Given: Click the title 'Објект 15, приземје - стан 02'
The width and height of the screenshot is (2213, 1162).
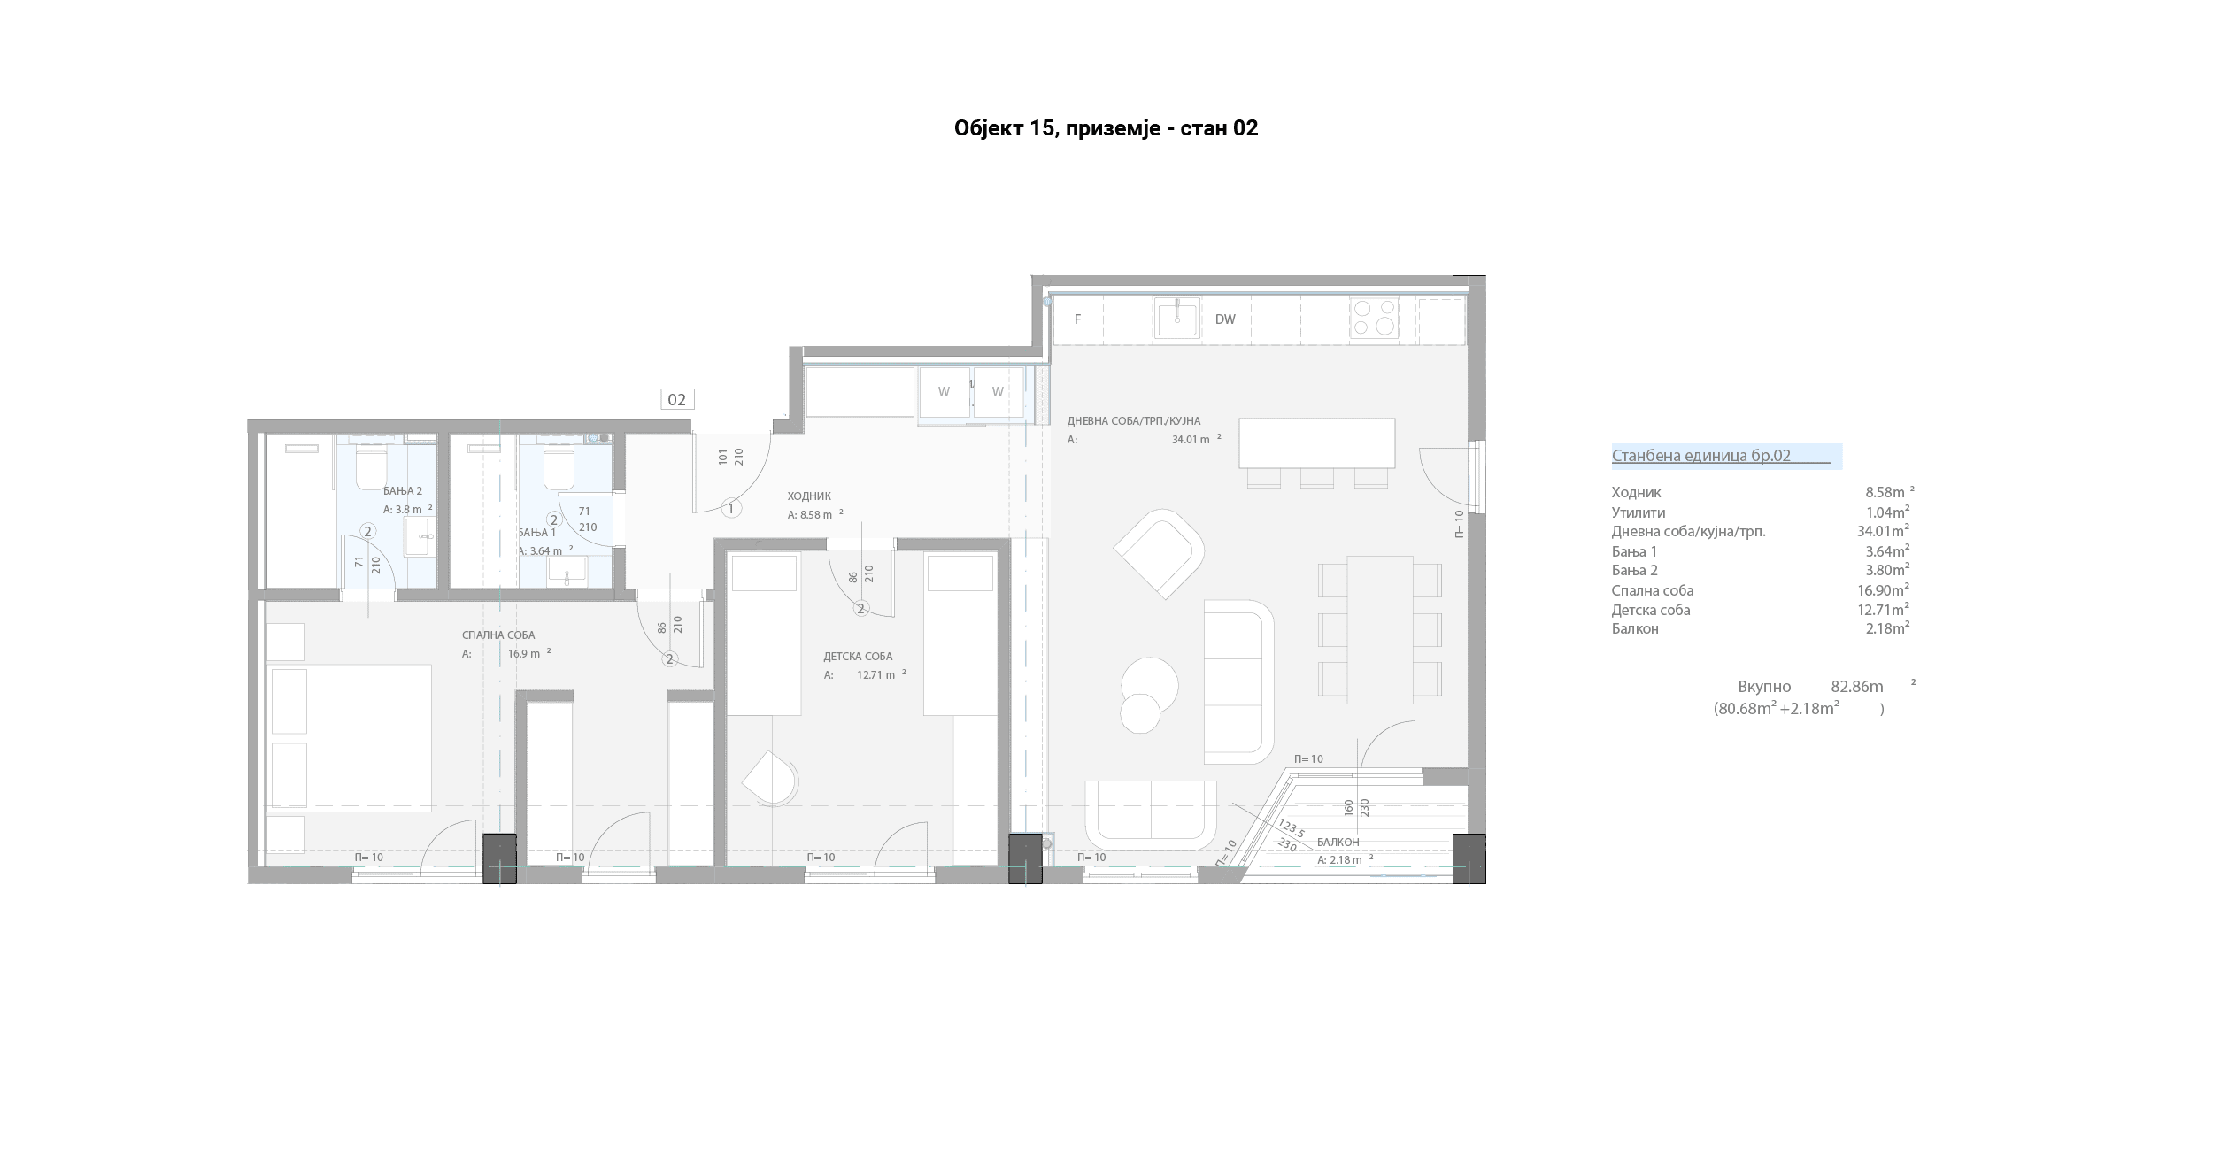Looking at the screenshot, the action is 1106,128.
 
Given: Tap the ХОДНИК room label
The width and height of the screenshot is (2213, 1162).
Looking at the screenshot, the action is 809,496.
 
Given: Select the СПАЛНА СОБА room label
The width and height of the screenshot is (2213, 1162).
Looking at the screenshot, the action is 498,635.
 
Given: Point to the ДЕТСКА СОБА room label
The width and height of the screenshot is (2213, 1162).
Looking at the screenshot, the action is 858,657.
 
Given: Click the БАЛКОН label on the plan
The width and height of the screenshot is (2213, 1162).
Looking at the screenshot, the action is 1338,843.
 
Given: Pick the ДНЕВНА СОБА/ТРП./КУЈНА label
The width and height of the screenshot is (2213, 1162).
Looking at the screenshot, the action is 1134,421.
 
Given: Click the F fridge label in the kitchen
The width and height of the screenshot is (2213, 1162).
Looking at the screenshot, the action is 1077,319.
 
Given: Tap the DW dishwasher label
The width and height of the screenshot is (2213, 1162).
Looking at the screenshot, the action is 1225,319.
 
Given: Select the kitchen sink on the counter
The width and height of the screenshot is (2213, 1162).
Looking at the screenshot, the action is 1177,319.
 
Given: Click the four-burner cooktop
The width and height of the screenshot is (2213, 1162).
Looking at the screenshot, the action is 1375,319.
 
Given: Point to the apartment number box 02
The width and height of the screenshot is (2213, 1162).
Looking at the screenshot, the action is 677,400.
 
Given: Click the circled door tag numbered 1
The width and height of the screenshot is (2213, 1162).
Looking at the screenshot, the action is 731,509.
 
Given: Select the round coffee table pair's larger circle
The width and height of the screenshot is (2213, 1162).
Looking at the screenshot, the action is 1150,685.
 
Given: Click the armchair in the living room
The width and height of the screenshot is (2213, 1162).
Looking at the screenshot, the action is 1159,554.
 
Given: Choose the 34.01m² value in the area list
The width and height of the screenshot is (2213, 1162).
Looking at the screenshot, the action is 1883,531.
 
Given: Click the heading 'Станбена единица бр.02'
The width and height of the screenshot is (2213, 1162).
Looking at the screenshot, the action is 1700,456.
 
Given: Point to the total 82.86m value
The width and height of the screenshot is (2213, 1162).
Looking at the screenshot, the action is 1857,687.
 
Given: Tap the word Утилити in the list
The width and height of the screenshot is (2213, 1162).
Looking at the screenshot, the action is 1639,512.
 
